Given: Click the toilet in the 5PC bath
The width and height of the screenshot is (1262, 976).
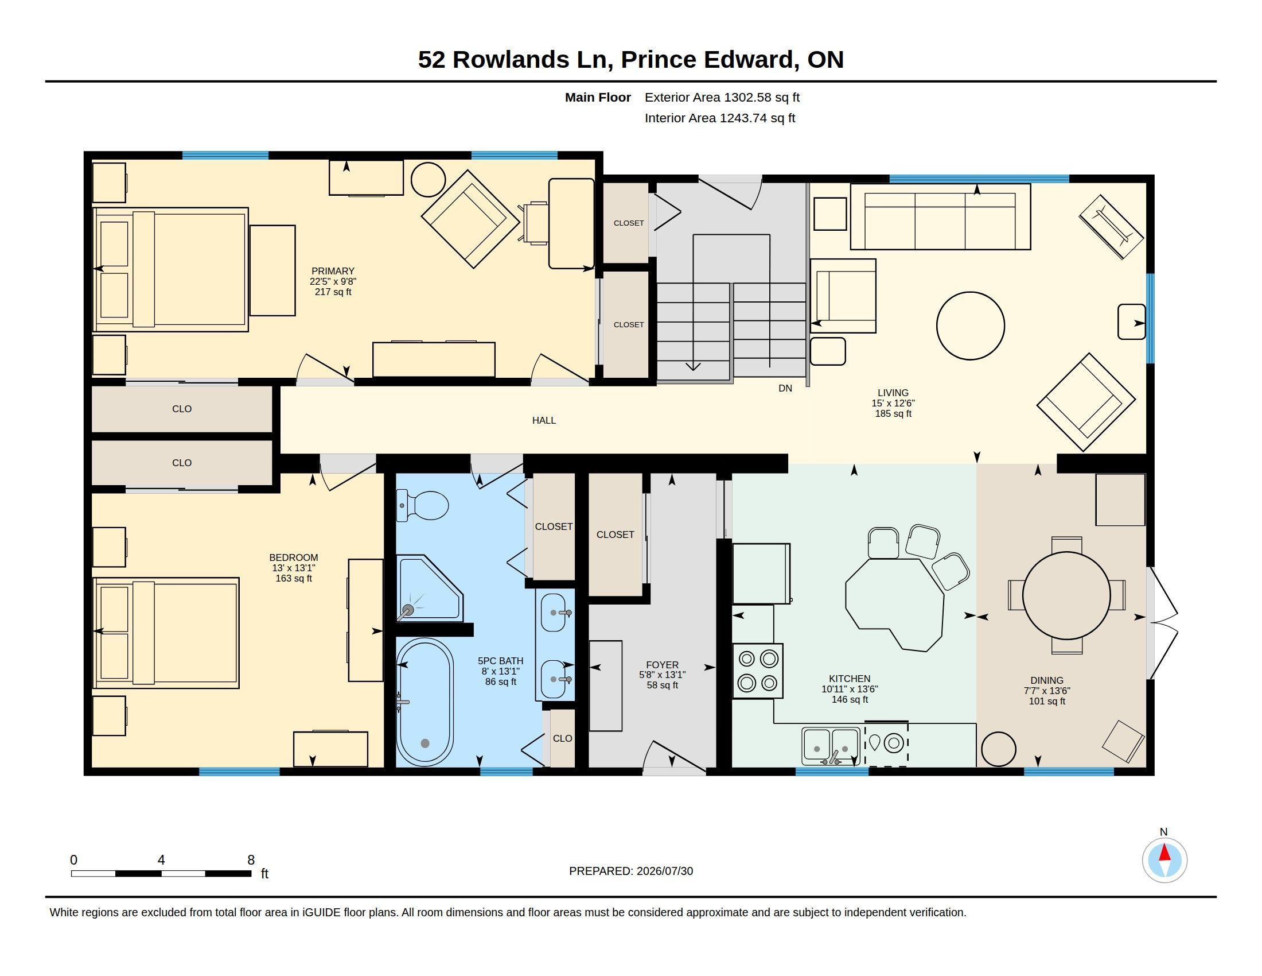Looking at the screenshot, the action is (422, 505).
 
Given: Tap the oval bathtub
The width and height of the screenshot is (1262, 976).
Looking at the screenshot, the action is (425, 702).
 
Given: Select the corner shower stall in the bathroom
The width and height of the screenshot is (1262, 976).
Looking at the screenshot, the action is (429, 588).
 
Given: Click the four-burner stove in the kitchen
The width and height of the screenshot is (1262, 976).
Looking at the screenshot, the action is (758, 671).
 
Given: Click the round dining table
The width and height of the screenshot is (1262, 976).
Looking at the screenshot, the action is (1066, 595).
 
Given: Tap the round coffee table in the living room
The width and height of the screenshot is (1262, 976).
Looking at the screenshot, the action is (970, 326).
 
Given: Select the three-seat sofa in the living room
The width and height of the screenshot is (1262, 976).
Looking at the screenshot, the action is (940, 217).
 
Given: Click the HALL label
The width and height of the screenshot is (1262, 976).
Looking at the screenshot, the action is (544, 420).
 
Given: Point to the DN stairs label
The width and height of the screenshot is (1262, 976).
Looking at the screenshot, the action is (785, 389).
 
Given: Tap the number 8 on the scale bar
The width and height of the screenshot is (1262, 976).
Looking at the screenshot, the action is (251, 860).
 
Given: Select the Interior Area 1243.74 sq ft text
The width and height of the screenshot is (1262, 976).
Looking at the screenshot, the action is (720, 118).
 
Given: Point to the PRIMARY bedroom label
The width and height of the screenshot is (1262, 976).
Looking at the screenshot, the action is (333, 271).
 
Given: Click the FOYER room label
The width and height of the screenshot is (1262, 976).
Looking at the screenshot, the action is (662, 665).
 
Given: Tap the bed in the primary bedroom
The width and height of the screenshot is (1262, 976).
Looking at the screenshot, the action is (171, 269).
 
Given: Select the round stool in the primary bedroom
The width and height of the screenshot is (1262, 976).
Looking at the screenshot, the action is (428, 180).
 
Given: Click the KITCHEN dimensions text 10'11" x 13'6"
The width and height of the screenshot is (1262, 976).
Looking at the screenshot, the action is (850, 689).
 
